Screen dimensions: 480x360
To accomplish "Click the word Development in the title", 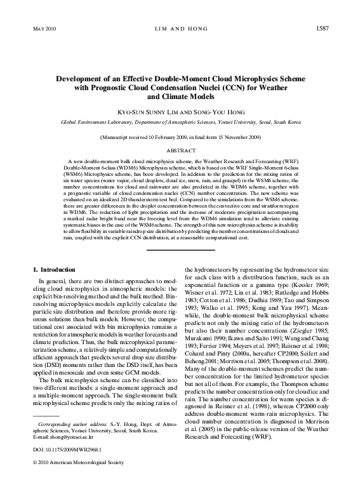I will (79, 79).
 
